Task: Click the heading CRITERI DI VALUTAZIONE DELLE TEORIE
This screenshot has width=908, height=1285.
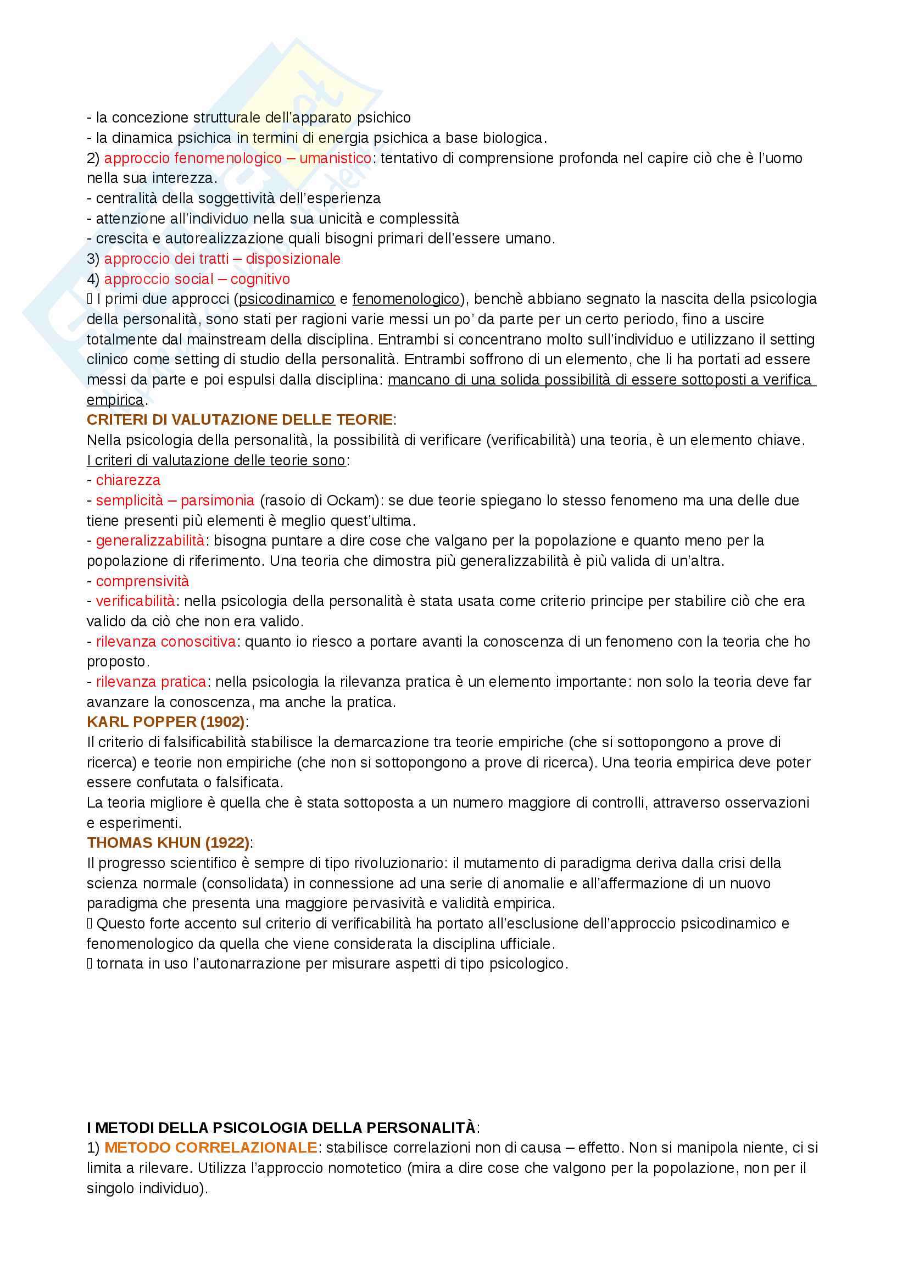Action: coord(239,420)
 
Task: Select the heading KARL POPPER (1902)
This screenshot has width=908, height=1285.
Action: coord(165,722)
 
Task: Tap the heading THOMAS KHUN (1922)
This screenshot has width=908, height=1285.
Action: coord(168,843)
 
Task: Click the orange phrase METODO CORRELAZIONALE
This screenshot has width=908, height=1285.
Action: coord(211,1148)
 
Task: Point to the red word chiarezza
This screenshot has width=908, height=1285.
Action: coord(128,480)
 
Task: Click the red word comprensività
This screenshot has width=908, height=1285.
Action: coord(142,581)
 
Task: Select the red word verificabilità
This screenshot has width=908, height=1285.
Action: coord(135,601)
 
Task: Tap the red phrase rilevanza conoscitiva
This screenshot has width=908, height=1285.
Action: coord(165,641)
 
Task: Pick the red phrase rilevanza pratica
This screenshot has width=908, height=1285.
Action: coord(151,682)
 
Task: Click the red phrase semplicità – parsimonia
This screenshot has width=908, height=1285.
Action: coord(175,500)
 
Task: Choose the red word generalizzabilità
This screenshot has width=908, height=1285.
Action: coord(150,541)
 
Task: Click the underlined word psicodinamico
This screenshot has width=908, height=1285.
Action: coord(286,299)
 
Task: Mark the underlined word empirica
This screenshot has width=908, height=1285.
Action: coord(115,400)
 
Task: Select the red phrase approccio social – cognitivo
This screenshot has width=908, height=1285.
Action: coord(197,279)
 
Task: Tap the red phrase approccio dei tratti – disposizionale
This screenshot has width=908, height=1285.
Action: coord(222,259)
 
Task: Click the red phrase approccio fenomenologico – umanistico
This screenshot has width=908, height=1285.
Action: coord(238,158)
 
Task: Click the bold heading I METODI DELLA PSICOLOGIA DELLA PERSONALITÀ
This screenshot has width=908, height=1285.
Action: coord(281,1128)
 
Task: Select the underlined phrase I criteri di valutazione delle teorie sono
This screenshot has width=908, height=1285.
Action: coord(216,460)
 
